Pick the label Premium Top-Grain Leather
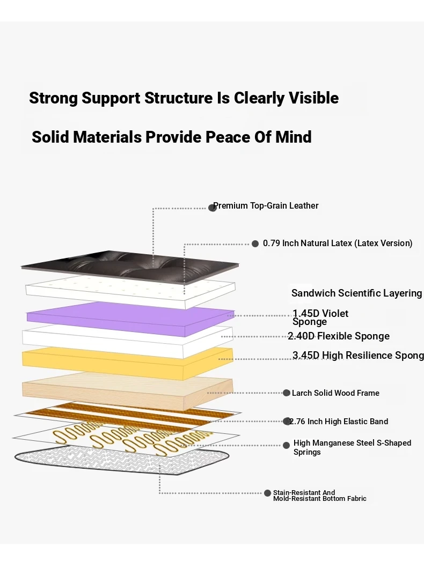[266, 206]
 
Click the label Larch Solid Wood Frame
[335, 393]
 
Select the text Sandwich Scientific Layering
[356, 293]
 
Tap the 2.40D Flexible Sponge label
[339, 336]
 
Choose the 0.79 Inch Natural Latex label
[338, 243]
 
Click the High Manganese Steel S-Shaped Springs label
[352, 447]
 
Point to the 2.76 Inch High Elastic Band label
[339, 422]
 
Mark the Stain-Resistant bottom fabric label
[319, 496]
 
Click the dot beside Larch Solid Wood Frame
[287, 393]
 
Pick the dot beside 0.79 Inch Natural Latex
[255, 243]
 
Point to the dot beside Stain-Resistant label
[268, 493]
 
